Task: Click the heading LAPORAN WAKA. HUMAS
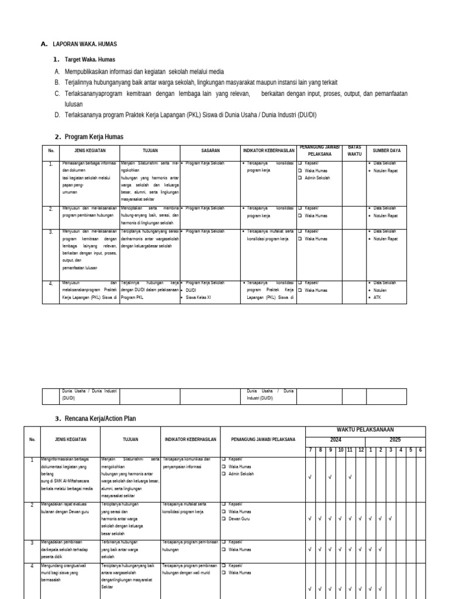pyautogui.click(x=85, y=44)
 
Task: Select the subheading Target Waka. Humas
pyautogui.click(x=89, y=60)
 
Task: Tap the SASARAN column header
pyautogui.click(x=210, y=151)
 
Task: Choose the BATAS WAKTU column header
pyautogui.click(x=355, y=150)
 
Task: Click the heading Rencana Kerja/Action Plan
pyautogui.click(x=102, y=419)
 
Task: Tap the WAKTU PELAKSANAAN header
pyautogui.click(x=365, y=430)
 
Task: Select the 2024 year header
pyautogui.click(x=336, y=439)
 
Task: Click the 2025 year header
pyautogui.click(x=396, y=439)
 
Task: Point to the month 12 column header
pyautogui.click(x=361, y=449)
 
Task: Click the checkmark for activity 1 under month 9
pyautogui.click(x=330, y=477)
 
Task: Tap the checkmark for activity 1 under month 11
pyautogui.click(x=350, y=477)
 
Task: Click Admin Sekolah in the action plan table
pyautogui.click(x=241, y=474)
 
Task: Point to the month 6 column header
pyautogui.click(x=420, y=449)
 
